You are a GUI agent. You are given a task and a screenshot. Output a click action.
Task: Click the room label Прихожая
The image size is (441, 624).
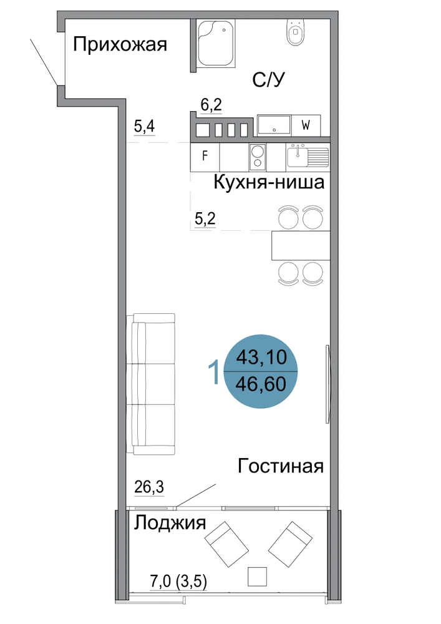pos(120,44)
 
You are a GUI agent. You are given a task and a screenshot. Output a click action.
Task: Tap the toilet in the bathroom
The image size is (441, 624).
pos(295,32)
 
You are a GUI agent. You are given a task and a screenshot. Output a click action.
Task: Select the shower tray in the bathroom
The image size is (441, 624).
pos(216,42)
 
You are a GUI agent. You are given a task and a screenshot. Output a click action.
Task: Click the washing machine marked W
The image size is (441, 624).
pos(306,125)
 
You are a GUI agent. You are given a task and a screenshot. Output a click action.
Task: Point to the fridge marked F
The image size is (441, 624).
pos(205,155)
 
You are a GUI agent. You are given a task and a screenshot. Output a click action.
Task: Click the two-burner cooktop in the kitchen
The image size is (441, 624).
pos(258,155)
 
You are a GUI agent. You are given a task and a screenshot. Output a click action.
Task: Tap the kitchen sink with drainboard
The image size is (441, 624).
pos(308,155)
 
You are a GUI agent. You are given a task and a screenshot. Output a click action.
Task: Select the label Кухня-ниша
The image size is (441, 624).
pos(269,182)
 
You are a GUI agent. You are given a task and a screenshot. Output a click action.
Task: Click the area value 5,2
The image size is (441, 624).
pos(205,218)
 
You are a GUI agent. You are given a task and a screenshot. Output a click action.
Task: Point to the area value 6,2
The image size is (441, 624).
pos(211,105)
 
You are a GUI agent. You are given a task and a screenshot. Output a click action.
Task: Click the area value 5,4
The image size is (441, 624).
pos(144,127)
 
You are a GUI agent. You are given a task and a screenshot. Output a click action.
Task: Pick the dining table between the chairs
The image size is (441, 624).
pos(301,245)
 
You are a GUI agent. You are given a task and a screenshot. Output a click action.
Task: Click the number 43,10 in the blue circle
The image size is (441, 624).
pos(261,357)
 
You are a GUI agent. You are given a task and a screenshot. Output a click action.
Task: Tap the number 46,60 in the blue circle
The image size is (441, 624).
pos(261,384)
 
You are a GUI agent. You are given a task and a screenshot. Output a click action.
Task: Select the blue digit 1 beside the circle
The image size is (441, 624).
pos(215,372)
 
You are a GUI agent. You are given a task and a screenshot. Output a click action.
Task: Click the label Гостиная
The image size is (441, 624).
pos(281,466)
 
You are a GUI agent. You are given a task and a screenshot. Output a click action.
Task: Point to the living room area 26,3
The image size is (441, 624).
pos(149,487)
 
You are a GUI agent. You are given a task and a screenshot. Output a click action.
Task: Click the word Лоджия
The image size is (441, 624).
pos(170,523)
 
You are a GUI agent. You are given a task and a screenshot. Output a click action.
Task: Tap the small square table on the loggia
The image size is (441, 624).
pos(257,577)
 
